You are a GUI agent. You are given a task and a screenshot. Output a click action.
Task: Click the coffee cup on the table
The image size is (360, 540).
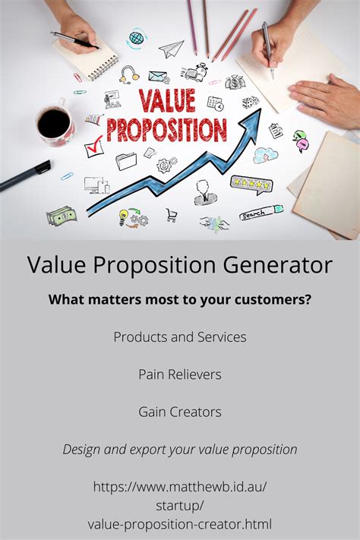[54, 124]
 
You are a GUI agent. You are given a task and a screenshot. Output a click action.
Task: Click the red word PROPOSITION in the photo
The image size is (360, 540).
[166, 130]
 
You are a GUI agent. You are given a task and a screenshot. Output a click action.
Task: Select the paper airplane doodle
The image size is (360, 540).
[171, 49]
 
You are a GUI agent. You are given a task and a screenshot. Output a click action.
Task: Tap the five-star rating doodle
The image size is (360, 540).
[252, 184]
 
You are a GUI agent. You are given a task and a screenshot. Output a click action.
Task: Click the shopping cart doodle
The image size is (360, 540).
[172, 214]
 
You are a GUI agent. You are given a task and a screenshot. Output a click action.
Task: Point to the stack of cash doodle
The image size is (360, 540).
[61, 216]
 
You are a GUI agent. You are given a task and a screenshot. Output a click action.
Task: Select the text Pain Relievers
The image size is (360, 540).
[180, 374]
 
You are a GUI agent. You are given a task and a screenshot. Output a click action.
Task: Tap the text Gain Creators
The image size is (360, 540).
[180, 412]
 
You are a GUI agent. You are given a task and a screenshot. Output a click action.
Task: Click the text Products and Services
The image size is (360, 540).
[180, 336]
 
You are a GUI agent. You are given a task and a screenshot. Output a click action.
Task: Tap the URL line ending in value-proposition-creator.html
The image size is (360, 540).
[180, 523]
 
